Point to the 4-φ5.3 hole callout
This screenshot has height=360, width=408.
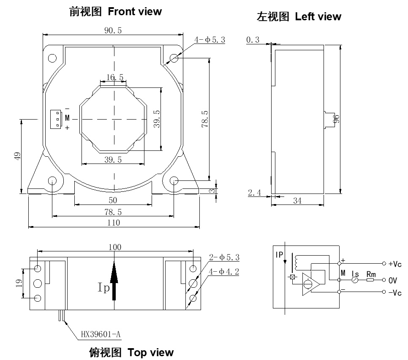[209, 40]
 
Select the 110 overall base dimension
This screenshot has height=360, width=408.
[113, 223]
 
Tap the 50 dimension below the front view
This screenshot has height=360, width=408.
[113, 199]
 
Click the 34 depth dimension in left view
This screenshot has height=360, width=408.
[297, 201]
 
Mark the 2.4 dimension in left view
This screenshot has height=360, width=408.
[255, 193]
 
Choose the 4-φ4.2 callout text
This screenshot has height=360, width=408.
[224, 272]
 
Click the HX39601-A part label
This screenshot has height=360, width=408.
[101, 335]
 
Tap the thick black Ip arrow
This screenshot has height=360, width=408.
[114, 279]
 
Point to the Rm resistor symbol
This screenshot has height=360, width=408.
[370, 279]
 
